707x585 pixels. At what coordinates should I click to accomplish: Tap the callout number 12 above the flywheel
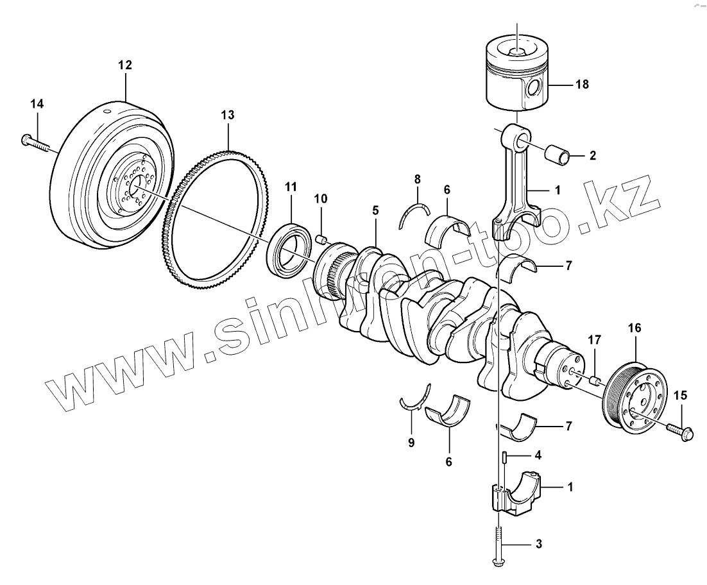[x=124, y=65]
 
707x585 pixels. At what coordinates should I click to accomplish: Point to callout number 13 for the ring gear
[x=228, y=115]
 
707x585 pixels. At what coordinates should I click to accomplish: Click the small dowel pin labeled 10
[x=323, y=240]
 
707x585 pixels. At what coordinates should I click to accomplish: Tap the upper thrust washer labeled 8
[x=414, y=212]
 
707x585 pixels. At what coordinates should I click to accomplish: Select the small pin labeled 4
[x=505, y=457]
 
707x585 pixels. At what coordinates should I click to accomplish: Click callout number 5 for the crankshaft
[x=375, y=210]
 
